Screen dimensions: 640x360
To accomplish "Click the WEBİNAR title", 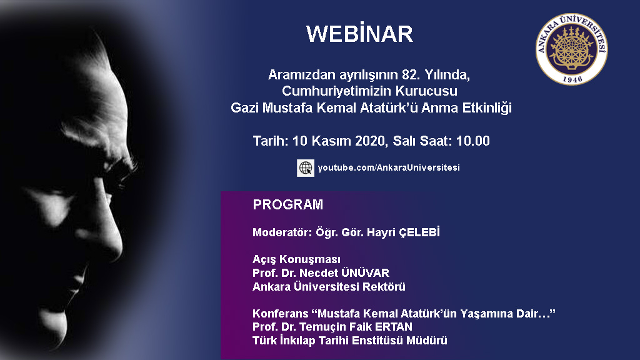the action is point(359,34).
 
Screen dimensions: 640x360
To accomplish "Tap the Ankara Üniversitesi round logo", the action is point(571,49).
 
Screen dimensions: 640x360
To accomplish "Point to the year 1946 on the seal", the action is point(572,79).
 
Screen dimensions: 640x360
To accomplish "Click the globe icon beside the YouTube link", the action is point(305,167).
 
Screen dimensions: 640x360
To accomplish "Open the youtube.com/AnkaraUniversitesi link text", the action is point(389,167).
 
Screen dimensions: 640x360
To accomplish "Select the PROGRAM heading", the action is point(287,204).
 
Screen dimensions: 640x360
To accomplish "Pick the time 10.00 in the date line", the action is point(472,141).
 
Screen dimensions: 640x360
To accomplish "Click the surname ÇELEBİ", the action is point(419,232).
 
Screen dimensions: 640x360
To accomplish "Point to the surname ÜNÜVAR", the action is point(365,272).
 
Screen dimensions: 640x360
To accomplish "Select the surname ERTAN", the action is point(394,327).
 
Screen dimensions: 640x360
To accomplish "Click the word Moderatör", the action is point(282,232).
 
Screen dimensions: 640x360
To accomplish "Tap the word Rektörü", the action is point(384,286).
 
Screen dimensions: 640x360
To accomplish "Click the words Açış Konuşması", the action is point(296,259).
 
